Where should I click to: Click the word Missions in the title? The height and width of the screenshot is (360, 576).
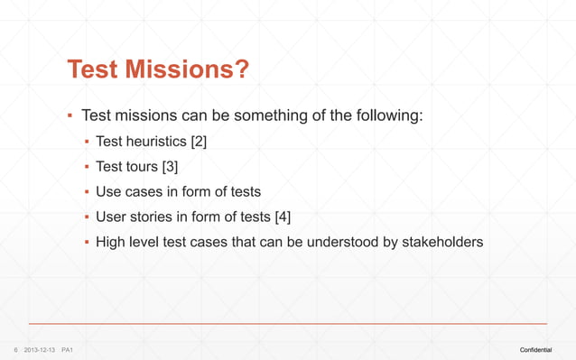177,69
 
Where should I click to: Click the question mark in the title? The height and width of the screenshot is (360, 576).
242,69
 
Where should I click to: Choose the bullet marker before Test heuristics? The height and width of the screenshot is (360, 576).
86,142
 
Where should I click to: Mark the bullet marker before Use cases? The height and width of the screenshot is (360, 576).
86,192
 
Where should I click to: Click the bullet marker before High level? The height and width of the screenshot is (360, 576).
86,243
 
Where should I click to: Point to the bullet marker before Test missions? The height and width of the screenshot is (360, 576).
69,116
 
